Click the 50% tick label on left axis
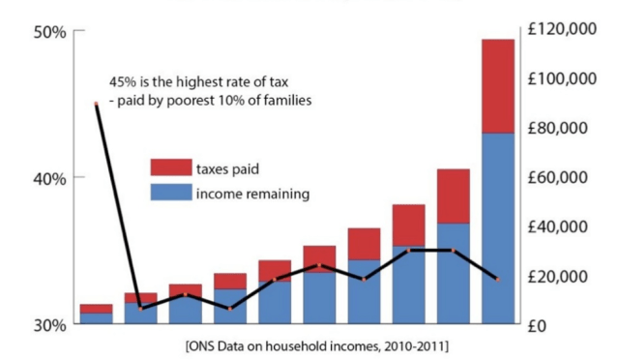49,32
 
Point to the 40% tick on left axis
49,178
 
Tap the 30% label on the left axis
49,324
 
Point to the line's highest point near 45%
96,104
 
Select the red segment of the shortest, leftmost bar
96,308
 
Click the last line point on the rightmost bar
497,279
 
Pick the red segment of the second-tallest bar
453,195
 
